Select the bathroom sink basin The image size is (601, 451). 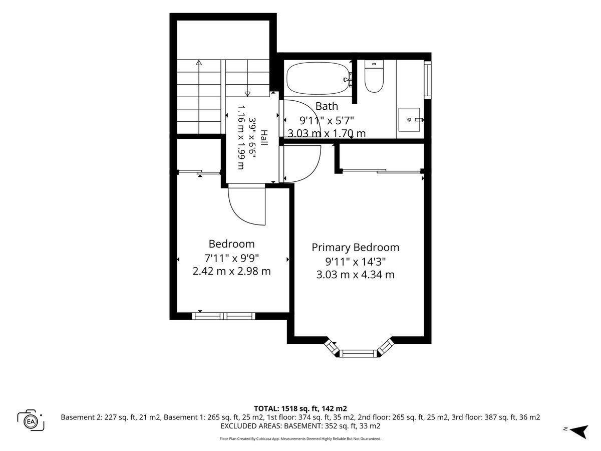click(x=409, y=119)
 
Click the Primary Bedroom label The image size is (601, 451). click(x=355, y=247)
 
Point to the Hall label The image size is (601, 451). click(x=264, y=138)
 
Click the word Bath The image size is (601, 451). click(x=327, y=106)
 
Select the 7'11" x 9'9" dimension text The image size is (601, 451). click(x=232, y=258)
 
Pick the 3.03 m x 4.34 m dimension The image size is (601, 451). click(x=356, y=275)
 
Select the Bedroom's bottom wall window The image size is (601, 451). click(x=223, y=316)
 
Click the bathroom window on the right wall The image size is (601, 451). click(x=427, y=80)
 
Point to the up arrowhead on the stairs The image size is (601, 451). click(x=199, y=62)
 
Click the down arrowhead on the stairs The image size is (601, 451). click(x=247, y=94)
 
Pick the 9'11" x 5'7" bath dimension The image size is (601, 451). click(x=327, y=120)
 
